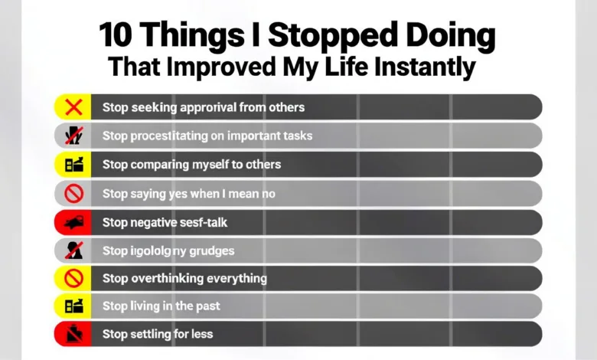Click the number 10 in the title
[x=119, y=36]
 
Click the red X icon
[x=73, y=107]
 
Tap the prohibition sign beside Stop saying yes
[x=73, y=194]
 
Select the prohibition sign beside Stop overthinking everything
[x=73, y=278]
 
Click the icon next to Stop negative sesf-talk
[x=73, y=223]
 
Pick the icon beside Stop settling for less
[x=73, y=334]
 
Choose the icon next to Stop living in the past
[x=73, y=306]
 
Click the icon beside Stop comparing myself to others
[x=73, y=164]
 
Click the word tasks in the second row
[x=295, y=136]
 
